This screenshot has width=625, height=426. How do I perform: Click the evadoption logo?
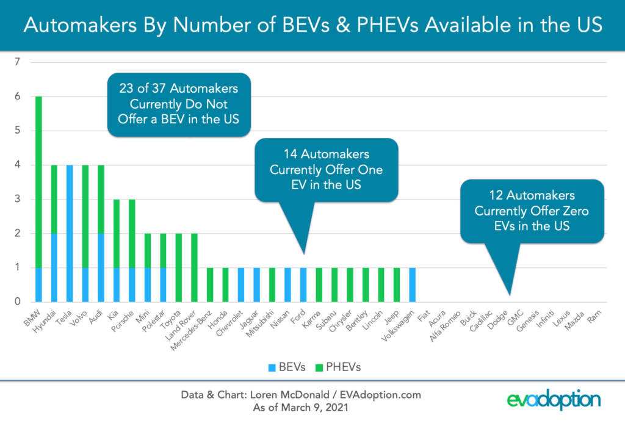(x=554, y=401)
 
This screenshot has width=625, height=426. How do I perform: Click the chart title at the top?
(x=312, y=26)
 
